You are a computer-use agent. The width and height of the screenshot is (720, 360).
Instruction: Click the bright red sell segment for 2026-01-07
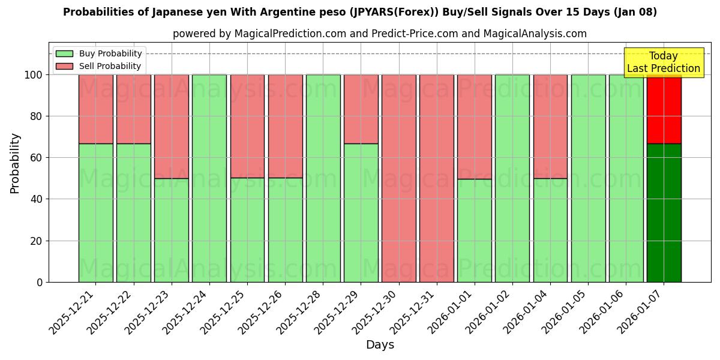tap(664, 109)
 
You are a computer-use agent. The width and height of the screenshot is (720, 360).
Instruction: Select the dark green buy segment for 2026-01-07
tap(664, 212)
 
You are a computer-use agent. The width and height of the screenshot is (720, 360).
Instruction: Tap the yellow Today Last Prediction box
tap(663, 62)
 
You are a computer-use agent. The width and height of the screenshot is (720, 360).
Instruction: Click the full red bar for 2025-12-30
tap(398, 178)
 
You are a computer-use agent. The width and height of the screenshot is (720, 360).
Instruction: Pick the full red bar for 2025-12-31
tap(436, 178)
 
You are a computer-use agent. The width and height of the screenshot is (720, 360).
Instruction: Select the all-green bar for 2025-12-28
tap(323, 178)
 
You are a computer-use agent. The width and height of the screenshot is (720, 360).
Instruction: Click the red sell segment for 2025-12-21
tap(95, 109)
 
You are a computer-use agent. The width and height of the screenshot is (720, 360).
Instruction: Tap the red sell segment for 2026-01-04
tap(550, 127)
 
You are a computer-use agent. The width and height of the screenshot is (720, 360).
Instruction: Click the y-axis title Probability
tap(15, 163)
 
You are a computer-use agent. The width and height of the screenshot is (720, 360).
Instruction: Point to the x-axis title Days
tap(380, 345)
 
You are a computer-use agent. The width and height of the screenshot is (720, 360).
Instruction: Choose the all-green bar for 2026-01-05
tap(588, 178)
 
